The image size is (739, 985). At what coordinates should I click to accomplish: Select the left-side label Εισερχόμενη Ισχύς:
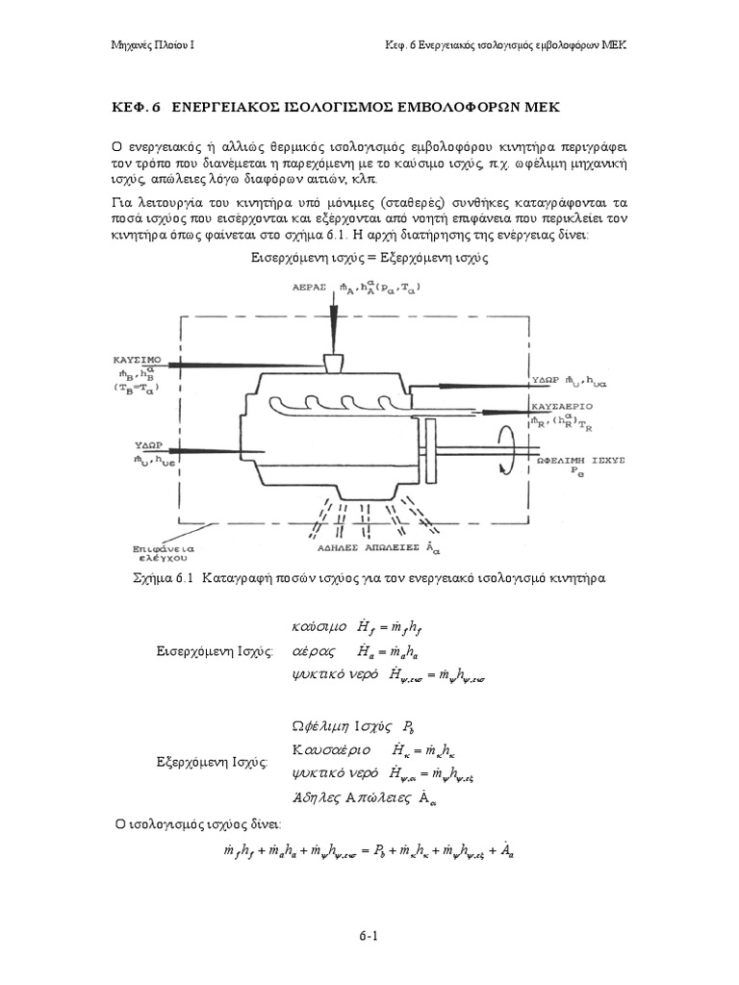point(216,650)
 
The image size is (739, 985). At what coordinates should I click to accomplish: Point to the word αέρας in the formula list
point(312,650)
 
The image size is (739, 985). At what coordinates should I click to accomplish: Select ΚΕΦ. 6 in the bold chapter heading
point(137,106)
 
